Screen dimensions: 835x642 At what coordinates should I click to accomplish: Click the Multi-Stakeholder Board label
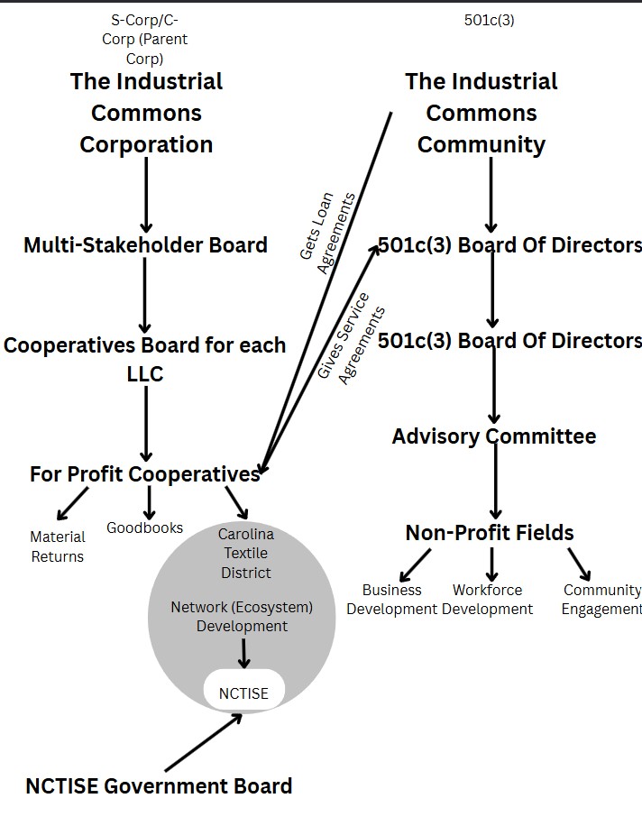pos(145,245)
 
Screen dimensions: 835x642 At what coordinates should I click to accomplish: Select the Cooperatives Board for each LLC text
pos(144,359)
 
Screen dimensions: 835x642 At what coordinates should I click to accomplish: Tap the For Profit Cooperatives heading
pos(144,474)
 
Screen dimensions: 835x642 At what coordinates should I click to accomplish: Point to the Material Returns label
pos(58,546)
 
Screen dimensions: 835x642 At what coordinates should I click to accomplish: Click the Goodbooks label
pos(144,528)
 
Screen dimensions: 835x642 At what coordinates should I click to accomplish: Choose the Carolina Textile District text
pos(245,554)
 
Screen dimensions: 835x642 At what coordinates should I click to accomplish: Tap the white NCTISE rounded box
pos(243,693)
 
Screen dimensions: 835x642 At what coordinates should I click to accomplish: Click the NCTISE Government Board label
pos(159,786)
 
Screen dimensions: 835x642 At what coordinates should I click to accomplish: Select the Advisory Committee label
pos(493,436)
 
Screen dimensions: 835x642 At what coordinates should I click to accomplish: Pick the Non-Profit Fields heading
pos(490,533)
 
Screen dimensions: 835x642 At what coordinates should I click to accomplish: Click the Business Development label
pos(392,600)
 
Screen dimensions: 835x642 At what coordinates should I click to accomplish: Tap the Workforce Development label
pos(487,600)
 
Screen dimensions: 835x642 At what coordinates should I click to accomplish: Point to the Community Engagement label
pos(601,600)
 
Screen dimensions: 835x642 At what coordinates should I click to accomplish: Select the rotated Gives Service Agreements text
pos(352,337)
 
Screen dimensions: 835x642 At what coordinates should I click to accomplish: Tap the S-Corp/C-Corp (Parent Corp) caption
pos(144,40)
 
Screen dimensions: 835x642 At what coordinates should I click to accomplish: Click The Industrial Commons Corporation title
pos(146,113)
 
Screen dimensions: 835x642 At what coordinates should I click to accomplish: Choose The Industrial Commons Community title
pos(481,113)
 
